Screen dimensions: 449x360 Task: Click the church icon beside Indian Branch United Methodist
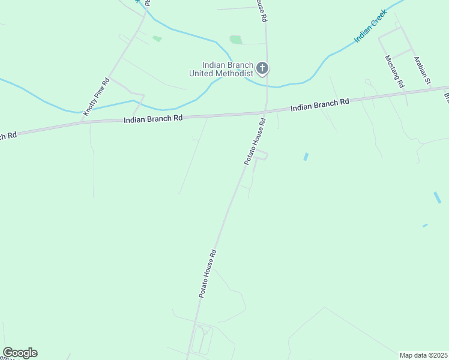click(262, 68)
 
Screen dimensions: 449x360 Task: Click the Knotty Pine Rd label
click(97, 96)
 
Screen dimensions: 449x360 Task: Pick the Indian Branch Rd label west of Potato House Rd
click(152, 119)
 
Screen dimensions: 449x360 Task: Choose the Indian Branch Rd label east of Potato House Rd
click(319, 104)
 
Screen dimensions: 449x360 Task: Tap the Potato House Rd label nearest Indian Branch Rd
click(255, 142)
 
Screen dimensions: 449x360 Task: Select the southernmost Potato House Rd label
click(208, 273)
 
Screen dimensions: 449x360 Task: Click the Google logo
click(20, 353)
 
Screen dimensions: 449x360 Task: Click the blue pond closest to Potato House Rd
click(306, 157)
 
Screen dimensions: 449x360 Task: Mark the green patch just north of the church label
click(236, 40)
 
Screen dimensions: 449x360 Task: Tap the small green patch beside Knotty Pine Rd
click(157, 38)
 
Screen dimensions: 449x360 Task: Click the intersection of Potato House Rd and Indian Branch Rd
click(263, 112)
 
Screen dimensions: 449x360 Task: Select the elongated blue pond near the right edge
click(438, 197)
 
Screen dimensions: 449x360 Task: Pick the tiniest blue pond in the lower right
click(425, 226)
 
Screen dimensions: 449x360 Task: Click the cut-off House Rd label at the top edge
click(261, 10)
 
